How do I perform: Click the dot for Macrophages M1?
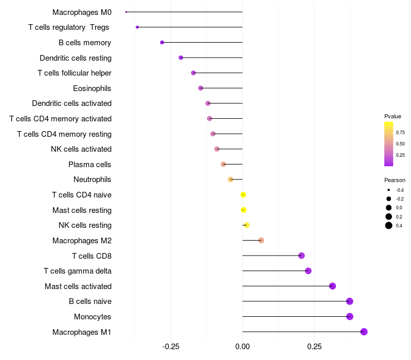coord(364,332)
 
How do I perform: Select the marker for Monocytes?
coord(350,316)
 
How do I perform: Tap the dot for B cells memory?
coord(162,43)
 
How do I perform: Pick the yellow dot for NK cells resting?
coord(247,225)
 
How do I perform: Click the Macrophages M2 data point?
coord(261,241)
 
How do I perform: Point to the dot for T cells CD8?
coord(302,256)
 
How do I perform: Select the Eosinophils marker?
coord(201,88)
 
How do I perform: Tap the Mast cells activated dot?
coord(332,286)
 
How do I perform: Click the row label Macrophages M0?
coord(82,12)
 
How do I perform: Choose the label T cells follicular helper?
coord(74,73)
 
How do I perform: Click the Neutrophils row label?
coord(92,179)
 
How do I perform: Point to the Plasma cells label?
coord(90,165)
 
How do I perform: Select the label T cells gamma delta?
coord(78,271)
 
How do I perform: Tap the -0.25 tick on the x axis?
coord(171,347)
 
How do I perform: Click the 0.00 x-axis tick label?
coord(242,347)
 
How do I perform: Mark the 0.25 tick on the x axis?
coord(314,347)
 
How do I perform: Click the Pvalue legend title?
coord(393,116)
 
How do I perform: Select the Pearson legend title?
coord(395,180)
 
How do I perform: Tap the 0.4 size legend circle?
coord(389,225)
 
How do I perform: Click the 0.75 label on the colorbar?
coord(400,132)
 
